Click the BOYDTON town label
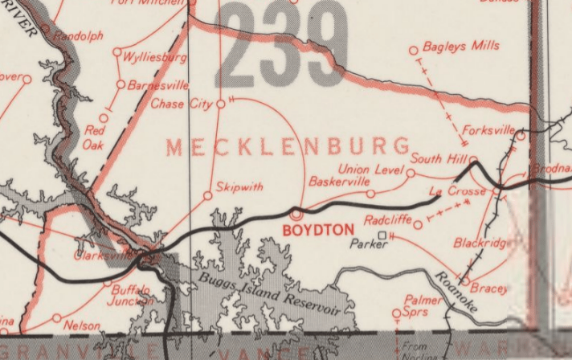click(319, 230)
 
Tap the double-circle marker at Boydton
click(296, 215)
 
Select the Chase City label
click(182, 104)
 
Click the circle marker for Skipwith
click(207, 195)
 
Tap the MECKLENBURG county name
click(288, 147)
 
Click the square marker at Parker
click(382, 235)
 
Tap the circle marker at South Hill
click(473, 159)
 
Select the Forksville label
click(488, 129)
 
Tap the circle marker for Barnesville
click(121, 84)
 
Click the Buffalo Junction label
click(131, 295)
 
